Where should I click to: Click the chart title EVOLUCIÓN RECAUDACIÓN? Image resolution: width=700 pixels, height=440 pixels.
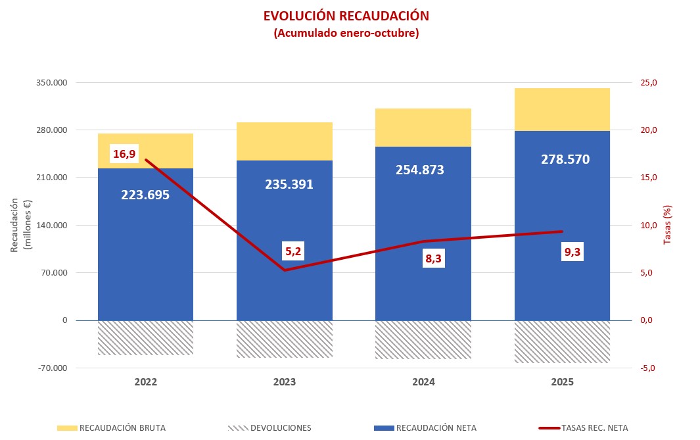pos(346,16)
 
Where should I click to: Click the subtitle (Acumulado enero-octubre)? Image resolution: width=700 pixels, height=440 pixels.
pos(346,33)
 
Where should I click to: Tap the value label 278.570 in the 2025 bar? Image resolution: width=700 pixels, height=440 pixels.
pos(565,159)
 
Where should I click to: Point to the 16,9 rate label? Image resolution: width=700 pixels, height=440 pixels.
pos(124,154)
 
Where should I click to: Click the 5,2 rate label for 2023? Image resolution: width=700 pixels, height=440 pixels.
pos(294,251)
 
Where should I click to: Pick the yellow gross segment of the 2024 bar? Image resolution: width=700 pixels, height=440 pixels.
pos(423,128)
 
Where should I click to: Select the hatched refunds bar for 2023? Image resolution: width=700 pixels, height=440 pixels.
pos(285,339)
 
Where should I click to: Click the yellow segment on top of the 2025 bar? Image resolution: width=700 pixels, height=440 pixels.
pos(562,109)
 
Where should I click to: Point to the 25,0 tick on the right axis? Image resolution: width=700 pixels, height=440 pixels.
pos(648,83)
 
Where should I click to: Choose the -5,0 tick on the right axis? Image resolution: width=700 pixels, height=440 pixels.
pos(648,368)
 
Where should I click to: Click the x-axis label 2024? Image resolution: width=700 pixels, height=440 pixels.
pos(423,382)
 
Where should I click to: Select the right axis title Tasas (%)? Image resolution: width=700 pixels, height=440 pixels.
pos(667,225)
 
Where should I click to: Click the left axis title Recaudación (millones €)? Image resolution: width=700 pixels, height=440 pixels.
pos(20,225)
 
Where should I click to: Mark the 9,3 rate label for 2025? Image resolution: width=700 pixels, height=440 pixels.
pos(572,252)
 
